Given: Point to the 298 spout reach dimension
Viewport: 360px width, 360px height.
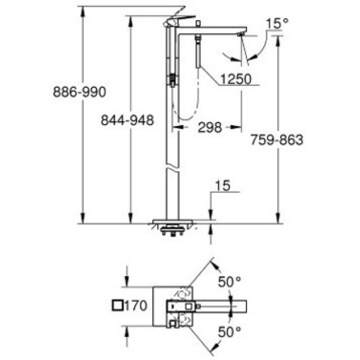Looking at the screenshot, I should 210,128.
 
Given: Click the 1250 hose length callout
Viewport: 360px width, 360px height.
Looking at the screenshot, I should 235,80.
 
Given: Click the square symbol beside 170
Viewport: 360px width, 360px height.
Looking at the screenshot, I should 118,306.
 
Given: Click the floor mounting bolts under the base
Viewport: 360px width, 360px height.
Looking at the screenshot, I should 173,232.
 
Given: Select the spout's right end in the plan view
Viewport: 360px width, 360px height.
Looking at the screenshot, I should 245,306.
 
